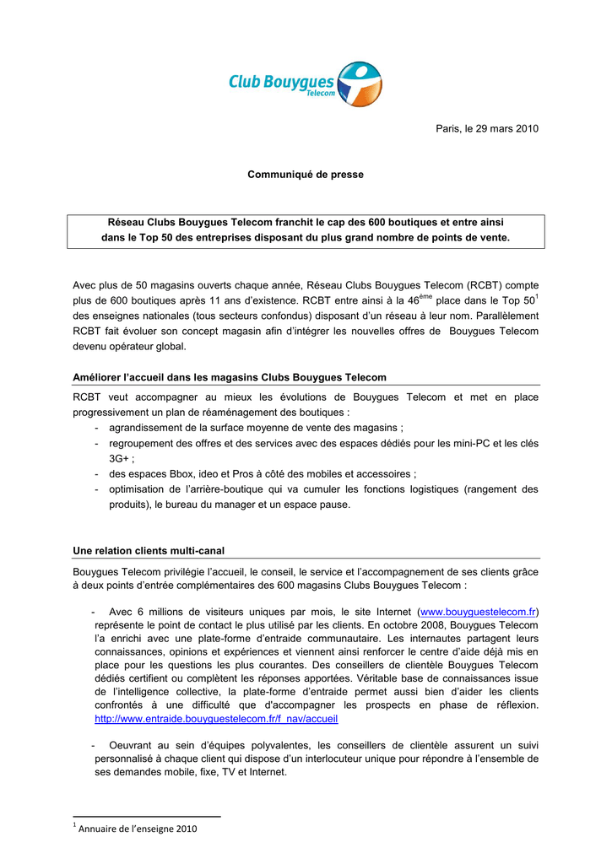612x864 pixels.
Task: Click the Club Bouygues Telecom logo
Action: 305,84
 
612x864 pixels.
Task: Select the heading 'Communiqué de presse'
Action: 306,175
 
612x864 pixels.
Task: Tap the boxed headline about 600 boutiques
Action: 306,230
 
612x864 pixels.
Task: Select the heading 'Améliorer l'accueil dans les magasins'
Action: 230,377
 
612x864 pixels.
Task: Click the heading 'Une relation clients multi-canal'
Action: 149,551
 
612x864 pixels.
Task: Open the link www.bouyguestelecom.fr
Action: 479,611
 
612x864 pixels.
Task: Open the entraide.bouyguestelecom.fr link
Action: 216,720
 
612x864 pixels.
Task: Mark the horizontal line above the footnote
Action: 146,817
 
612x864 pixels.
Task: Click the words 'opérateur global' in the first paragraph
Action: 145,347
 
